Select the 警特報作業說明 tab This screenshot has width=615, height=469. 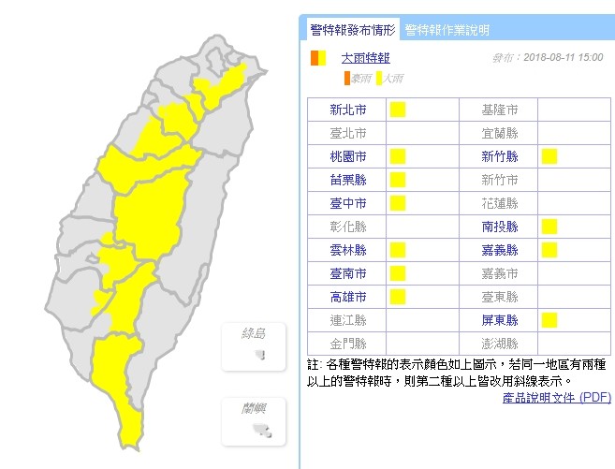(x=446, y=30)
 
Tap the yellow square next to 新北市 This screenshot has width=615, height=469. (x=397, y=110)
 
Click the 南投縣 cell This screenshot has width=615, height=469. (x=498, y=227)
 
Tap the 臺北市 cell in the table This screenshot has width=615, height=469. (x=347, y=133)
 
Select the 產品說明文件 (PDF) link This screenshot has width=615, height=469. (x=556, y=398)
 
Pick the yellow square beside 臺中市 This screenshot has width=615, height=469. (x=397, y=203)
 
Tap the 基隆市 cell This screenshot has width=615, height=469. (x=498, y=110)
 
